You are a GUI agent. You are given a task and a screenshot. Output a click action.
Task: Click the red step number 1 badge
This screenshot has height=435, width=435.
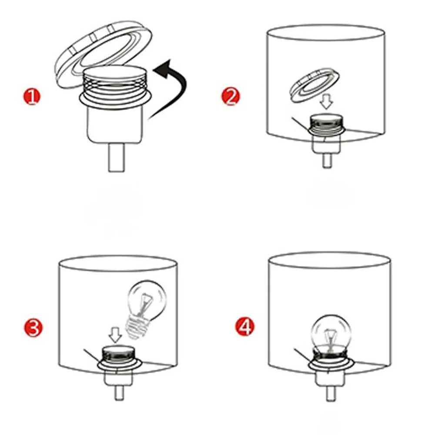(32, 97)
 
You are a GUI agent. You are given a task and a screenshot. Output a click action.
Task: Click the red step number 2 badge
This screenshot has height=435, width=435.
(231, 97)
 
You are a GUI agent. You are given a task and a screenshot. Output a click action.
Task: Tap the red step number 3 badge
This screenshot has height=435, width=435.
(33, 328)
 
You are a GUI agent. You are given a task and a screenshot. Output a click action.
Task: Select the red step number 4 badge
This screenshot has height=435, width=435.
(244, 327)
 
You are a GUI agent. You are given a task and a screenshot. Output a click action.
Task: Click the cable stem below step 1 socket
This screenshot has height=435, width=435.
(116, 157)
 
